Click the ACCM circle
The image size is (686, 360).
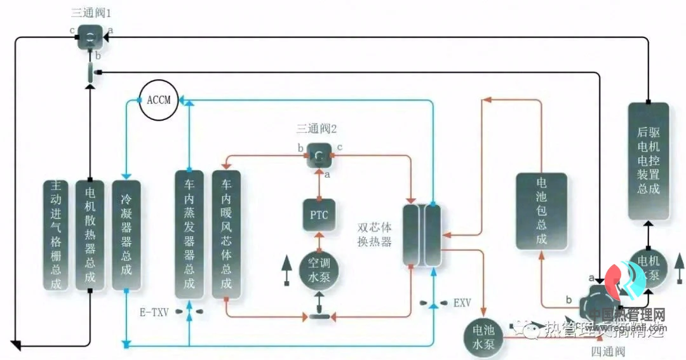coord(159,100)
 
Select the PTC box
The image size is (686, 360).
coord(319,215)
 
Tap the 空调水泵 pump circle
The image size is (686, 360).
coord(319,269)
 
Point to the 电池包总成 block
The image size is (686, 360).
coord(541,211)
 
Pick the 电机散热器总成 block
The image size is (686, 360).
coord(90,235)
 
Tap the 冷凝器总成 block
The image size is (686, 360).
coord(126,235)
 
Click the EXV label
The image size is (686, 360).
coord(462,303)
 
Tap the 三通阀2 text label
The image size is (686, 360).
coord(316,129)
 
